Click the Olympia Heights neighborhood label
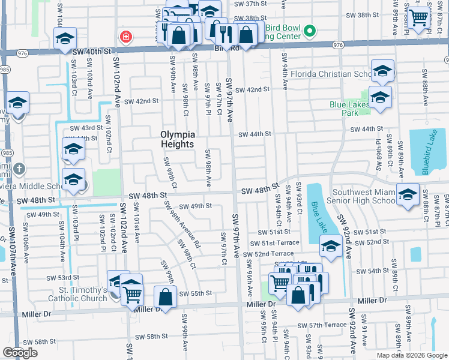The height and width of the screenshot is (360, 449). [177, 139]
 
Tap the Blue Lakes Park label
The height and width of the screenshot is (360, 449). [348, 108]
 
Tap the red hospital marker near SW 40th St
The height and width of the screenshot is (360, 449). [126, 37]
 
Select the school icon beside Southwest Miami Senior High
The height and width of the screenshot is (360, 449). [408, 194]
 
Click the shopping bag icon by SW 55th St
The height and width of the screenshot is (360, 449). [166, 296]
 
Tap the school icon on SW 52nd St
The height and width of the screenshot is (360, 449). [331, 245]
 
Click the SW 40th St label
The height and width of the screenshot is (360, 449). [91, 52]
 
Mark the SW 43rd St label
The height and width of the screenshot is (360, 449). [83, 128]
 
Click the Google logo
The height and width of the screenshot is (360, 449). [20, 353]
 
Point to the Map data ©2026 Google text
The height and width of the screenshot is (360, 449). [411, 355]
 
